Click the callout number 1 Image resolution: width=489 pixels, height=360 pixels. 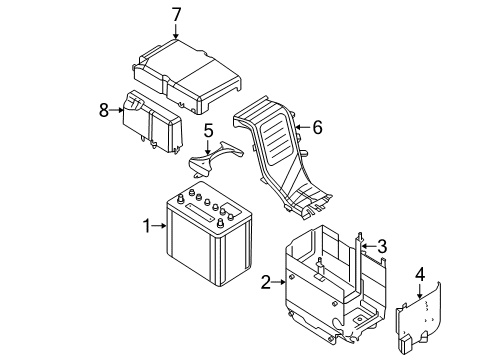click(x=147, y=226)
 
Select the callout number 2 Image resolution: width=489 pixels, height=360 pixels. click(x=266, y=282)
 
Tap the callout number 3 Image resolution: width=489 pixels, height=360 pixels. click(x=382, y=246)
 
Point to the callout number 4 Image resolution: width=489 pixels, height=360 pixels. click(x=420, y=275)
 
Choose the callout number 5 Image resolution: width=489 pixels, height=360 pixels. click(x=208, y=131)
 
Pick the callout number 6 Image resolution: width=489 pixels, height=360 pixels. click(x=317, y=127)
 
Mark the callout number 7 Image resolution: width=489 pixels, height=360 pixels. click(x=176, y=15)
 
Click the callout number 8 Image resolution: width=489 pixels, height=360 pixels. click(x=104, y=110)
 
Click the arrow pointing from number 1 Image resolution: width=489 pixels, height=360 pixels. click(x=159, y=226)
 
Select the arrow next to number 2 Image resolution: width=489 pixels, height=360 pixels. click(x=279, y=282)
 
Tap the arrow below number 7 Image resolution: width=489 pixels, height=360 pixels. click(x=176, y=31)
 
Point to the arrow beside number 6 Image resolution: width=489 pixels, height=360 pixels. click(x=303, y=127)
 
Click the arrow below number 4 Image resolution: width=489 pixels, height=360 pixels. click(x=420, y=291)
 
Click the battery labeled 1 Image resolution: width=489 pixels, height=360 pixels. click(x=208, y=233)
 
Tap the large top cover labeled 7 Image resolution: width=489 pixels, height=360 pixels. click(x=187, y=77)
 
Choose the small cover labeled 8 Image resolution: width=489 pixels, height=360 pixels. click(x=153, y=122)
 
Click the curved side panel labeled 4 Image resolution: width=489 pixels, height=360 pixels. click(x=418, y=318)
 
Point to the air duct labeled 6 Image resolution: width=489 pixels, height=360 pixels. click(x=283, y=157)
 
